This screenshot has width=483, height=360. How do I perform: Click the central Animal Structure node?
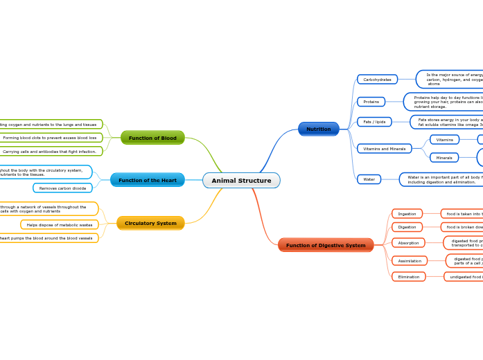click(x=241, y=181)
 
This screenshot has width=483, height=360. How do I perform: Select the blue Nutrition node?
click(x=319, y=129)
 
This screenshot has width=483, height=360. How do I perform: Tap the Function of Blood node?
click(x=152, y=138)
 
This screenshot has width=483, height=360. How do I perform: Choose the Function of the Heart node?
click(x=147, y=180)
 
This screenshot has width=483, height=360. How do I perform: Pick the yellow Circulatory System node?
click(x=150, y=223)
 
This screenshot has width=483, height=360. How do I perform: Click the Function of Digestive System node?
click(x=326, y=245)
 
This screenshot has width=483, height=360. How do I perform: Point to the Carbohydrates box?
click(x=377, y=80)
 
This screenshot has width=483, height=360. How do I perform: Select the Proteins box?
click(x=371, y=102)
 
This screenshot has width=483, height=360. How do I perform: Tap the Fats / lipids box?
click(x=374, y=122)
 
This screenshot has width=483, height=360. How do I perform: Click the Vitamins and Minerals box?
click(x=384, y=149)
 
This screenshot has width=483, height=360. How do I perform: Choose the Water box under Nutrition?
click(x=369, y=179)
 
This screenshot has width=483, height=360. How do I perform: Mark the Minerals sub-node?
click(x=444, y=158)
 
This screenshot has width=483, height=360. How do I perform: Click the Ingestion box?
click(x=407, y=214)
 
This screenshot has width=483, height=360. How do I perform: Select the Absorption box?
click(x=408, y=243)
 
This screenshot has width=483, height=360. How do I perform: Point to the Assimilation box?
click(x=410, y=261)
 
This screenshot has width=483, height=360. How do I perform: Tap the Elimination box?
click(x=409, y=277)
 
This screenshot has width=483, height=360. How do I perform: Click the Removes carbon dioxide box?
click(x=62, y=188)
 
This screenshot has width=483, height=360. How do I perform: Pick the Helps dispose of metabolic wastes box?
click(x=60, y=225)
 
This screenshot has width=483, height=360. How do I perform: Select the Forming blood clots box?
click(x=50, y=138)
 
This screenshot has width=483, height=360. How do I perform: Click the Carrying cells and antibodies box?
click(x=50, y=152)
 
